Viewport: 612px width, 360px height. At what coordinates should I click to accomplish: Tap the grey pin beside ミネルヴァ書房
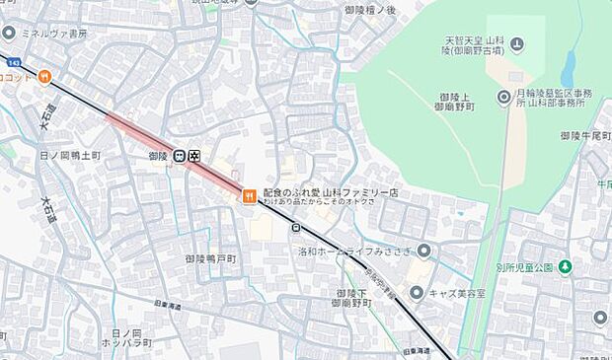point(9,33)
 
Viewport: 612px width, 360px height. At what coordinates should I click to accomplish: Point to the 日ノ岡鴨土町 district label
point(69,156)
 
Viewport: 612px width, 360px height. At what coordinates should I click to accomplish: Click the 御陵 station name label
point(157,156)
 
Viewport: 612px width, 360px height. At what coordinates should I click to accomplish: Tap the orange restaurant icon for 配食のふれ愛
point(249,195)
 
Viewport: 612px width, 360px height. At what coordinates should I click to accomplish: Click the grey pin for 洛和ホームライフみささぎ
point(424,251)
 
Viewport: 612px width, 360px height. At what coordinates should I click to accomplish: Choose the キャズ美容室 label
point(460,293)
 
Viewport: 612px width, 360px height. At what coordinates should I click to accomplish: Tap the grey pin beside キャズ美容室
point(418,293)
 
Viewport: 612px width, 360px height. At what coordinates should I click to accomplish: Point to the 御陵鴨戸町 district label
point(210,258)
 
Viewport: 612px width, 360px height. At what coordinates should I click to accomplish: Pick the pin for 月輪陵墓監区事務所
point(504,96)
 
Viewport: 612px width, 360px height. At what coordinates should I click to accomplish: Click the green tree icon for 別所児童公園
point(565,267)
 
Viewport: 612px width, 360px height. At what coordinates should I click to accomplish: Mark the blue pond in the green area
point(569,69)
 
